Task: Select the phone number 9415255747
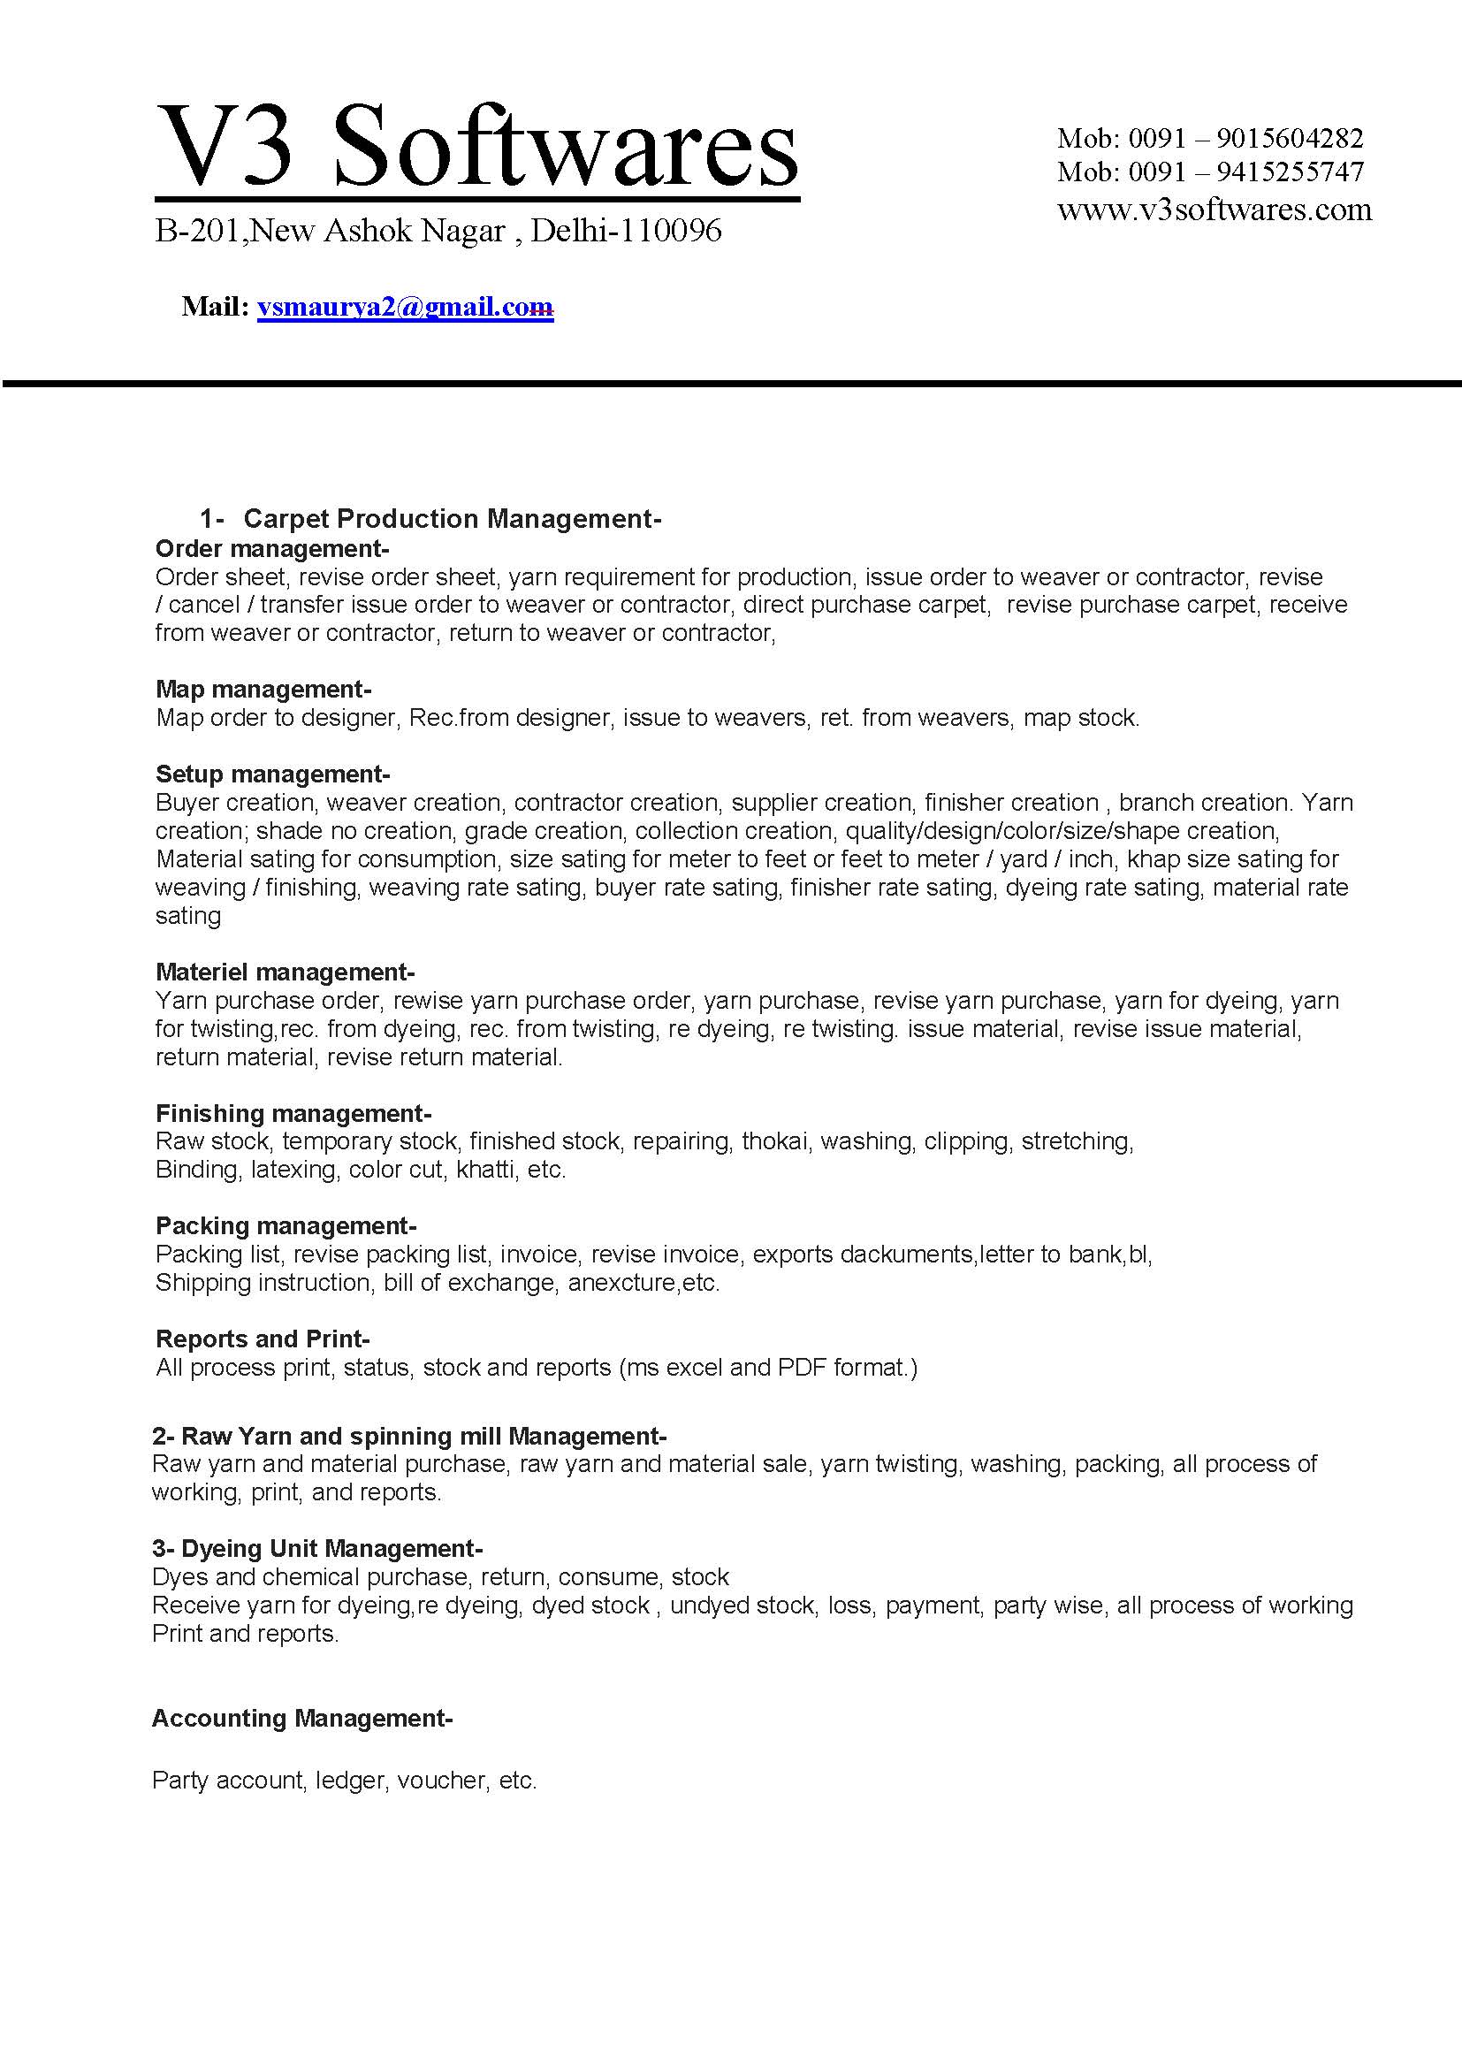coord(1289,171)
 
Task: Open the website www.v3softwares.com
coord(1214,210)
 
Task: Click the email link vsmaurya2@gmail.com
coord(404,308)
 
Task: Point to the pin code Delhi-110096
coord(626,232)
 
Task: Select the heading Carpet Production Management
coord(452,519)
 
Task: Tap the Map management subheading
coord(263,689)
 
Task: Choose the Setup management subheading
coord(272,774)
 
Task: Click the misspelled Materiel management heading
coord(285,972)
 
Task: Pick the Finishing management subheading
coord(293,1113)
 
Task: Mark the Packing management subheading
coord(286,1225)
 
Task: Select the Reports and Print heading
coord(262,1339)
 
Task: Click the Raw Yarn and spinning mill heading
coord(408,1436)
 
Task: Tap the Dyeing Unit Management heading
coord(317,1548)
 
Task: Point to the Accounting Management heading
coord(301,1718)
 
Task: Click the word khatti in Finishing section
coord(485,1170)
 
